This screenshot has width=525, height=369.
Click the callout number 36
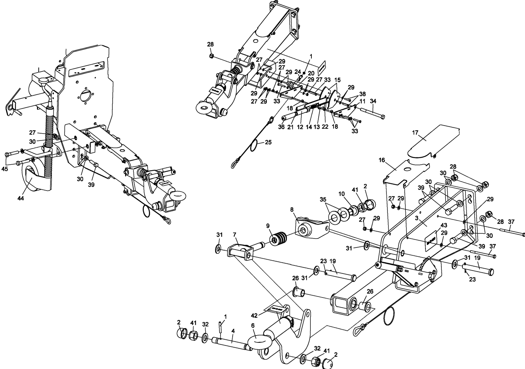[281, 127]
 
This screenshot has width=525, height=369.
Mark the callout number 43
[444, 225]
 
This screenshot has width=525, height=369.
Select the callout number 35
[323, 199]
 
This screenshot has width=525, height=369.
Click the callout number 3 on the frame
[417, 219]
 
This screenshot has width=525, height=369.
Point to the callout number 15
[337, 80]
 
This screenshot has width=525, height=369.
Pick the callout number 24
[298, 72]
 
